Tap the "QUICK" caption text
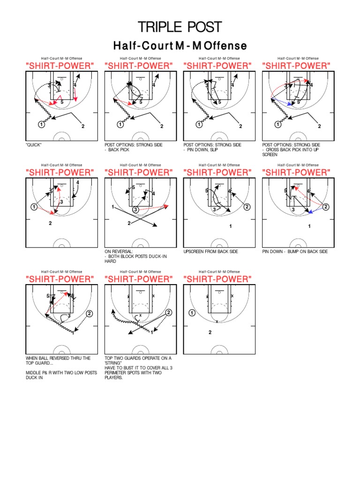coord(34,145)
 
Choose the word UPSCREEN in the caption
coord(194,252)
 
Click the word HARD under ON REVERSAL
coord(110,261)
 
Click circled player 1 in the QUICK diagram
coord(41,124)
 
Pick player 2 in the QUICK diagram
coord(83,126)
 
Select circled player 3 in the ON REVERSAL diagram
coord(135,210)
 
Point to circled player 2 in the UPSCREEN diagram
coord(247,207)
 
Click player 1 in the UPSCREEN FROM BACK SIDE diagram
coord(230,226)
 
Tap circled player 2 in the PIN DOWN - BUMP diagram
coord(326,207)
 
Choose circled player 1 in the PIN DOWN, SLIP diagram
coord(199,124)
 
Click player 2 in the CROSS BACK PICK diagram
coord(320,126)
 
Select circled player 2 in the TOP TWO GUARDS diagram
coord(168,313)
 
